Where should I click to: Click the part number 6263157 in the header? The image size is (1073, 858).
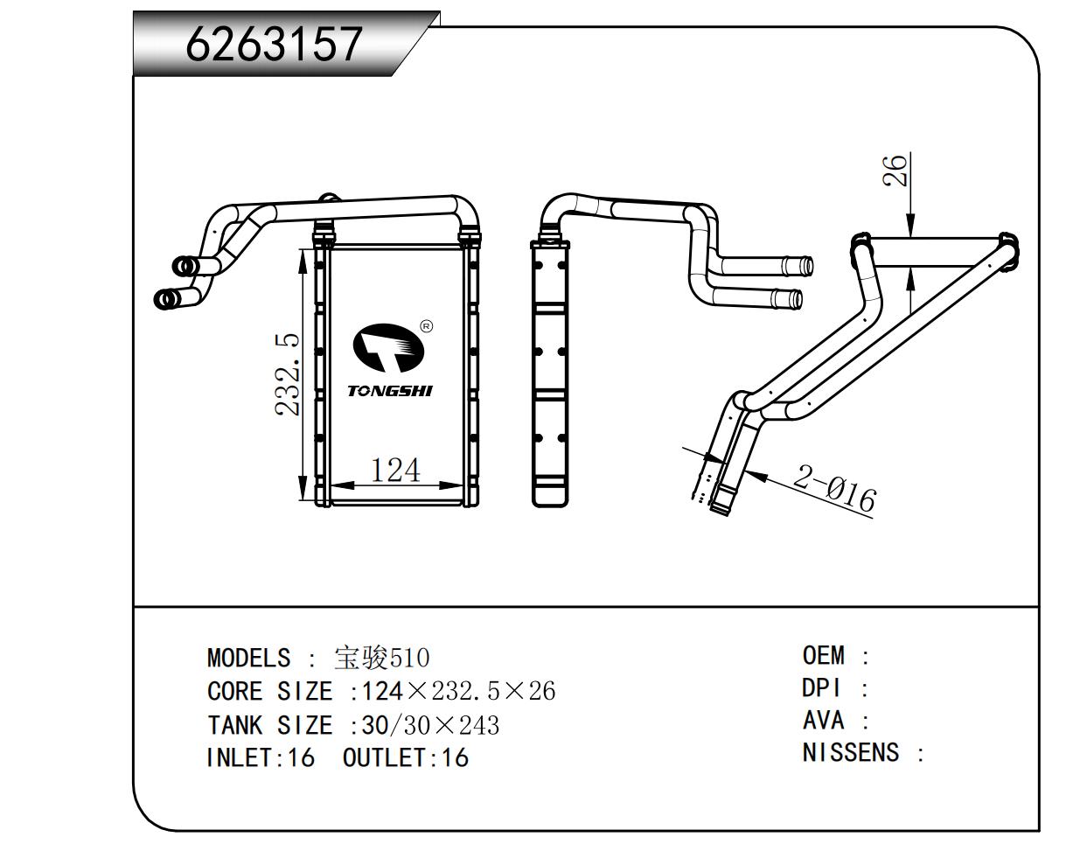click(x=274, y=44)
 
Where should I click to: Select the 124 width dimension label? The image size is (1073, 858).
click(x=395, y=471)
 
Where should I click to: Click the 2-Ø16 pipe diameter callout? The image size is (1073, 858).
click(x=834, y=488)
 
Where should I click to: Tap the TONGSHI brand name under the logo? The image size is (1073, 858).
click(x=390, y=391)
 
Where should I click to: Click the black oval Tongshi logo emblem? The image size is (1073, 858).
click(x=388, y=348)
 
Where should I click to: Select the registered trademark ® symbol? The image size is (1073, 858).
click(x=426, y=327)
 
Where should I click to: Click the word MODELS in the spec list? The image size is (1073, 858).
click(x=248, y=658)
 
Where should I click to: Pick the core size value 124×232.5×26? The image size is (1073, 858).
click(x=458, y=691)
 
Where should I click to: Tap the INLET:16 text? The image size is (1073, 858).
click(x=260, y=757)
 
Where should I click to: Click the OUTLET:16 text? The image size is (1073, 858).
click(x=405, y=757)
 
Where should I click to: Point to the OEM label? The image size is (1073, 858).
click(x=824, y=655)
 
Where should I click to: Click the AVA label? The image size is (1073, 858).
click(x=824, y=721)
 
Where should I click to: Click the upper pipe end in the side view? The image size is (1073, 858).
click(x=798, y=265)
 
